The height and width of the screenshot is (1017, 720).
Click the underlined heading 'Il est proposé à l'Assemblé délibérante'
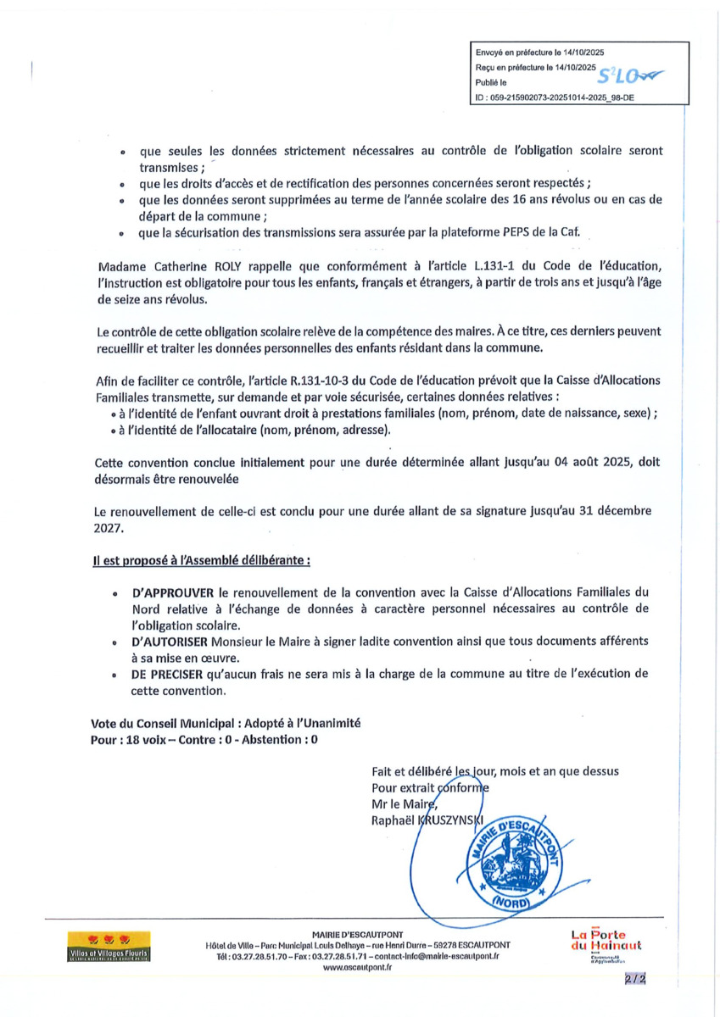[x=201, y=560]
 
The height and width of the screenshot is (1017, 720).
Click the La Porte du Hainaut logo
[x=606, y=942]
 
